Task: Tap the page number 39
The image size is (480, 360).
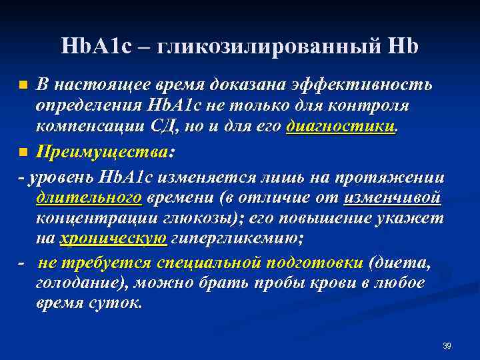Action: pyautogui.click(x=447, y=345)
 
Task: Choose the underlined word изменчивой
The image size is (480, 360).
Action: pyautogui.click(x=393, y=198)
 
